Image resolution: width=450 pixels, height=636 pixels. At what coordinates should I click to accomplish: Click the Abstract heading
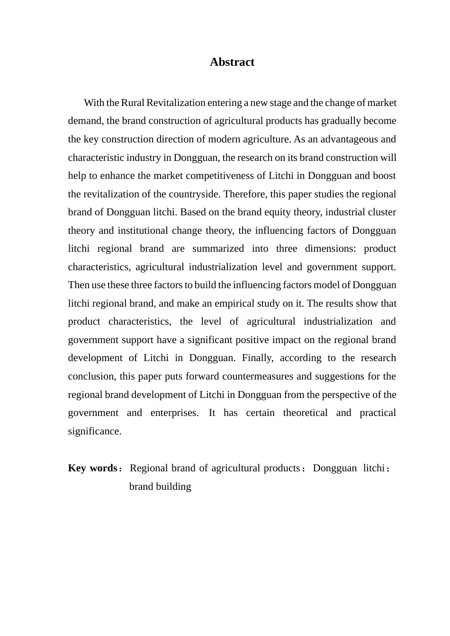[232, 62]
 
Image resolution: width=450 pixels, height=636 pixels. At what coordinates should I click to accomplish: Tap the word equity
[280, 212]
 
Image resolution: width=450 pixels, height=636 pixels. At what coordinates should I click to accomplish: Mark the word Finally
[258, 358]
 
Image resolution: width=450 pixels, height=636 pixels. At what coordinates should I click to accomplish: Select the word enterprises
[174, 413]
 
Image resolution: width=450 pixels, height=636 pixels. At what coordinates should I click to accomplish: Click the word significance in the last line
[94, 431]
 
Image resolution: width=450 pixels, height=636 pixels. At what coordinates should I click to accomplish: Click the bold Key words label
[93, 468]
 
